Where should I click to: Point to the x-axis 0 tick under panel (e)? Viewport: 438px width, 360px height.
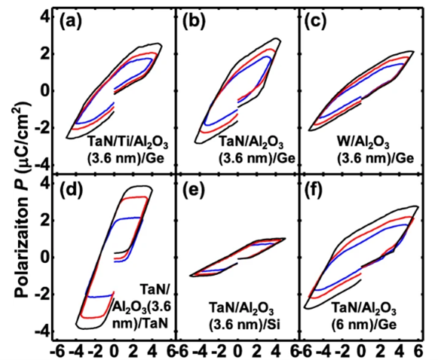[237, 350]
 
